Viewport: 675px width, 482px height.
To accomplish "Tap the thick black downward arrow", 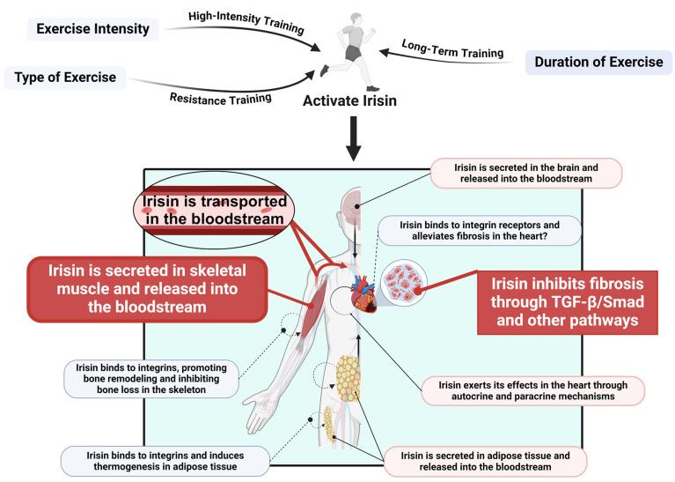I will (x=353, y=142).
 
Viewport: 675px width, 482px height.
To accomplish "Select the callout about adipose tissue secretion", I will (x=484, y=460).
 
